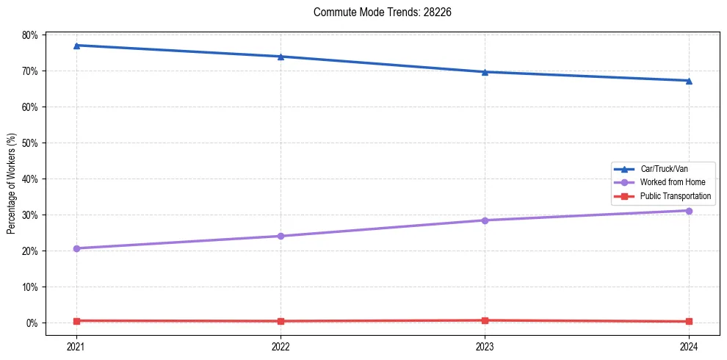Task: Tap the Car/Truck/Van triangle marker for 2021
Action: [x=76, y=46]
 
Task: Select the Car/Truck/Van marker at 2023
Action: [x=485, y=72]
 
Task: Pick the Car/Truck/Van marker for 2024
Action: [x=689, y=81]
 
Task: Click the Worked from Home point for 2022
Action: [x=281, y=236]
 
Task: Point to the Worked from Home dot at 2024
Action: [x=689, y=211]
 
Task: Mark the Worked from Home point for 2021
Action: [x=76, y=248]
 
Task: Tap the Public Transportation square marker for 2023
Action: [x=485, y=320]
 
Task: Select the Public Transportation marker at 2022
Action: [x=281, y=321]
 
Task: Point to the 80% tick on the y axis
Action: [x=29, y=35]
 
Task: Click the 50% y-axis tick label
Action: [x=29, y=143]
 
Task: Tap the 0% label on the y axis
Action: [x=32, y=323]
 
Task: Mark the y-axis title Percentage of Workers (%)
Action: [x=12, y=183]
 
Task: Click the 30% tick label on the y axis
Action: [x=29, y=215]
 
